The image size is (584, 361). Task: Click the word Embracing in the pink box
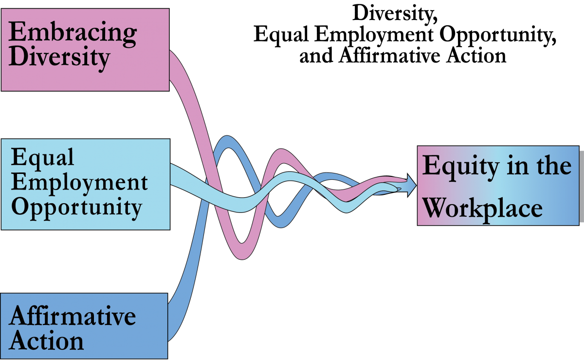click(x=73, y=34)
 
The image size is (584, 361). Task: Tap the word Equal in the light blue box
click(x=42, y=157)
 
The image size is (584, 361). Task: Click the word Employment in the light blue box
click(x=79, y=184)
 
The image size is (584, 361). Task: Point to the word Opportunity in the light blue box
click(x=76, y=208)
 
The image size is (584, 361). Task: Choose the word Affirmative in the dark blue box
click(x=72, y=316)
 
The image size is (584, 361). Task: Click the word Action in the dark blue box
click(x=47, y=341)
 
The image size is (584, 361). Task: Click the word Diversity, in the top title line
click(x=395, y=14)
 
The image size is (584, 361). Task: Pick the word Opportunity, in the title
click(x=498, y=35)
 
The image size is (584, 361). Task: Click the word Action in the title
click(x=476, y=56)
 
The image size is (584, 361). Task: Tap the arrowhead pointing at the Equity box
click(x=411, y=185)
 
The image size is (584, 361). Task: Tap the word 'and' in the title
click(x=316, y=56)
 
